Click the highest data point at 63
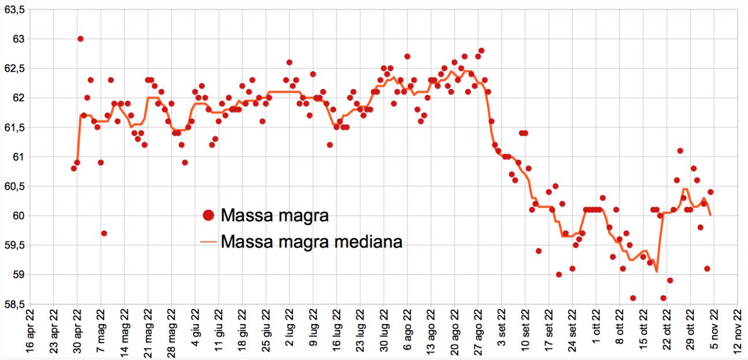pos(80,39)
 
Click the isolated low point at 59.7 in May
pos(104,233)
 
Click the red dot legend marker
pos(208,216)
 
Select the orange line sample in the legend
pos(208,240)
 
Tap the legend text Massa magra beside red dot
pos(275,216)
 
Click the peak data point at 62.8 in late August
pos(481,51)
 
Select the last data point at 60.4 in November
pos(710,192)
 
